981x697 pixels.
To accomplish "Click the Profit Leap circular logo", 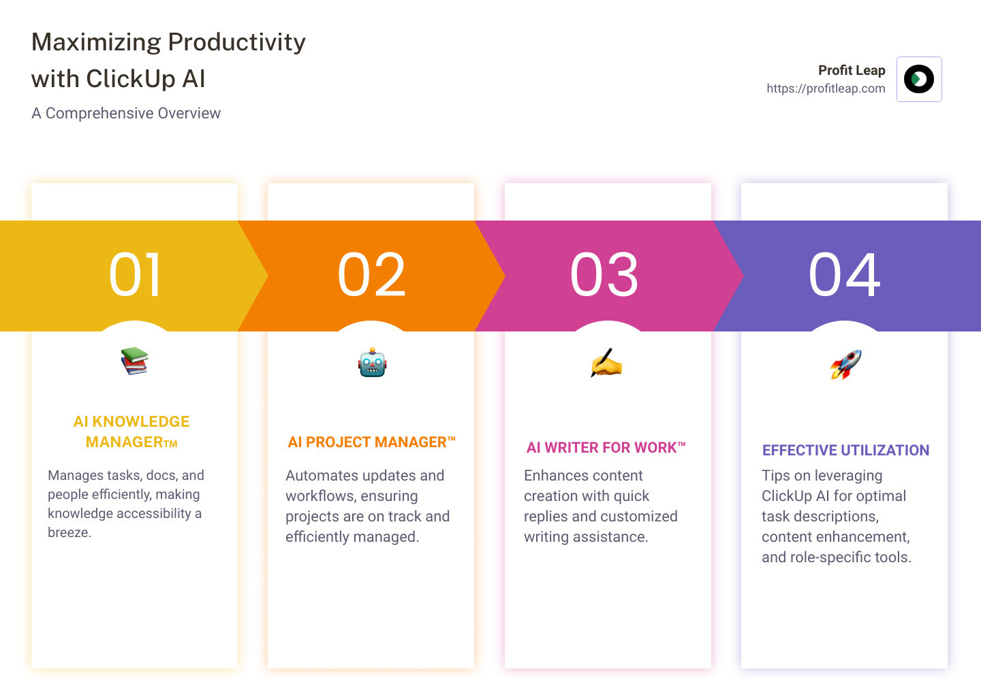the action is (919, 79).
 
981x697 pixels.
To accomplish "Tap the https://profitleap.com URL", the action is (826, 88).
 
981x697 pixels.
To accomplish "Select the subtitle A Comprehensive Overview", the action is (126, 113).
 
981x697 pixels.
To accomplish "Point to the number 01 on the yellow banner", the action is (135, 275).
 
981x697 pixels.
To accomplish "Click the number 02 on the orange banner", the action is (371, 275).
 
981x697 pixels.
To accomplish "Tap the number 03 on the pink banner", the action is (604, 275).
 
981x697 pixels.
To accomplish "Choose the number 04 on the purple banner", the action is (844, 275).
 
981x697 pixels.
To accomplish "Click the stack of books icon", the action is (134, 361).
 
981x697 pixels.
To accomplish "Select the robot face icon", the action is (372, 362).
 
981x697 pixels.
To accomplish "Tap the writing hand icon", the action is (606, 363).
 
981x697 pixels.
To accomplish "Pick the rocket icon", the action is (845, 364).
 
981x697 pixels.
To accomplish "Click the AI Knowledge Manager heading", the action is (131, 432).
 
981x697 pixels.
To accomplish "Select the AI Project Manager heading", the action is (371, 442).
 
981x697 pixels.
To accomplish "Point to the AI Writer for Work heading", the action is (606, 447).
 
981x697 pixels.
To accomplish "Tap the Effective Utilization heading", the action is (845, 450).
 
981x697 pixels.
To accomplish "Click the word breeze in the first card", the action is (69, 532).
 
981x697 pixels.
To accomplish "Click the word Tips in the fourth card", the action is (776, 476).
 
